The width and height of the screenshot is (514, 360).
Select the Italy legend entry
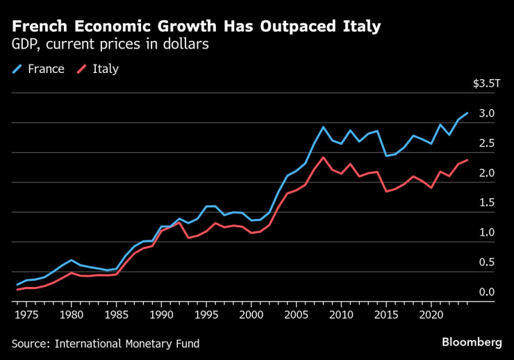click(105, 69)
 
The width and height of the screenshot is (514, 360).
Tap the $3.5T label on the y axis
click(486, 83)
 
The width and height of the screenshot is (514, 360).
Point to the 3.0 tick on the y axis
click(486, 113)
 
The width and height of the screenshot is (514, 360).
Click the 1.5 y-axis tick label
click(486, 203)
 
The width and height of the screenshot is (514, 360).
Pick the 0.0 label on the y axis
click(486, 293)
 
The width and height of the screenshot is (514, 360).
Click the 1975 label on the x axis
click(25, 315)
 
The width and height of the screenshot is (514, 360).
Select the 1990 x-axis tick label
click(161, 315)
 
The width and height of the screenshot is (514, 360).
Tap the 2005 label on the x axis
click(297, 315)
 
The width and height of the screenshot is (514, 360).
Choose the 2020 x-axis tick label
click(432, 315)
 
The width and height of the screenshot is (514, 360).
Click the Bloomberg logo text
click(472, 342)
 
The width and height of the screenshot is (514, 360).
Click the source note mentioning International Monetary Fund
click(105, 343)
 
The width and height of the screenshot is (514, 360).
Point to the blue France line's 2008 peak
click(323, 126)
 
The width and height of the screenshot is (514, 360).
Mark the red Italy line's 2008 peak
click(323, 157)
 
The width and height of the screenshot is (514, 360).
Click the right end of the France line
click(467, 113)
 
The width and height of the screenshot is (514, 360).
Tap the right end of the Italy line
click(467, 160)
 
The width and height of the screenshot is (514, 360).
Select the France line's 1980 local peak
click(70, 260)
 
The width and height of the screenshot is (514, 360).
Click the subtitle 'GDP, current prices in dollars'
click(110, 44)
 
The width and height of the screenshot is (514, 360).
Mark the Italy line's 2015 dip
click(386, 190)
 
